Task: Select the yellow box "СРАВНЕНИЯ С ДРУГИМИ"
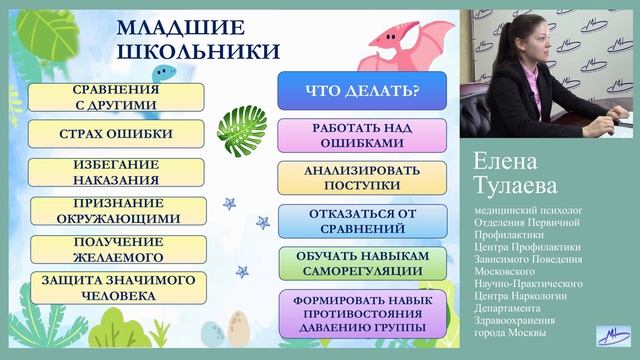[116, 96]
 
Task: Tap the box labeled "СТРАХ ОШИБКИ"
[116, 134]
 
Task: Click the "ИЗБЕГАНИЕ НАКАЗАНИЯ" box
[116, 172]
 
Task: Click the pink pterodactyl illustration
[404, 44]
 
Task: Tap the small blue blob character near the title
[162, 71]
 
